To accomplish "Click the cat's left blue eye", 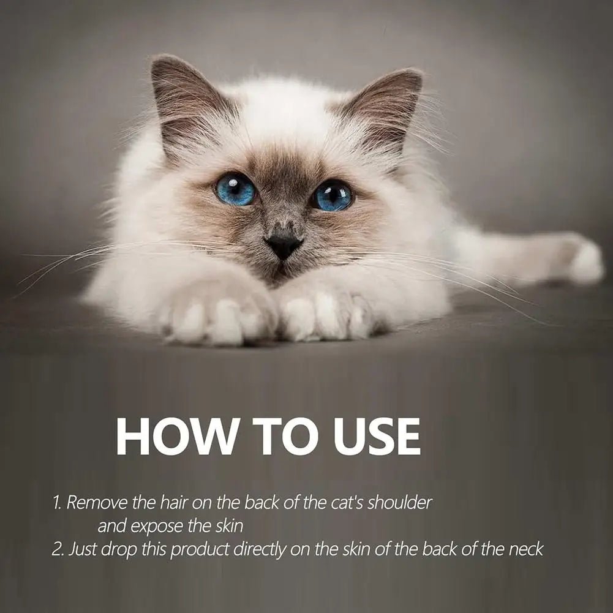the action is (235, 190).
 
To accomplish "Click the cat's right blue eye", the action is (332, 195).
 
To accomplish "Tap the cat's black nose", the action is (283, 246).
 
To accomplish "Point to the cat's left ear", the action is (184, 102).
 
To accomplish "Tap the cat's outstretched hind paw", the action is (584, 261).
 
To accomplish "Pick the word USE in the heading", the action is (377, 436).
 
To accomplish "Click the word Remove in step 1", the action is (98, 502).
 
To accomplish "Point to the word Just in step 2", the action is (83, 549).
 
